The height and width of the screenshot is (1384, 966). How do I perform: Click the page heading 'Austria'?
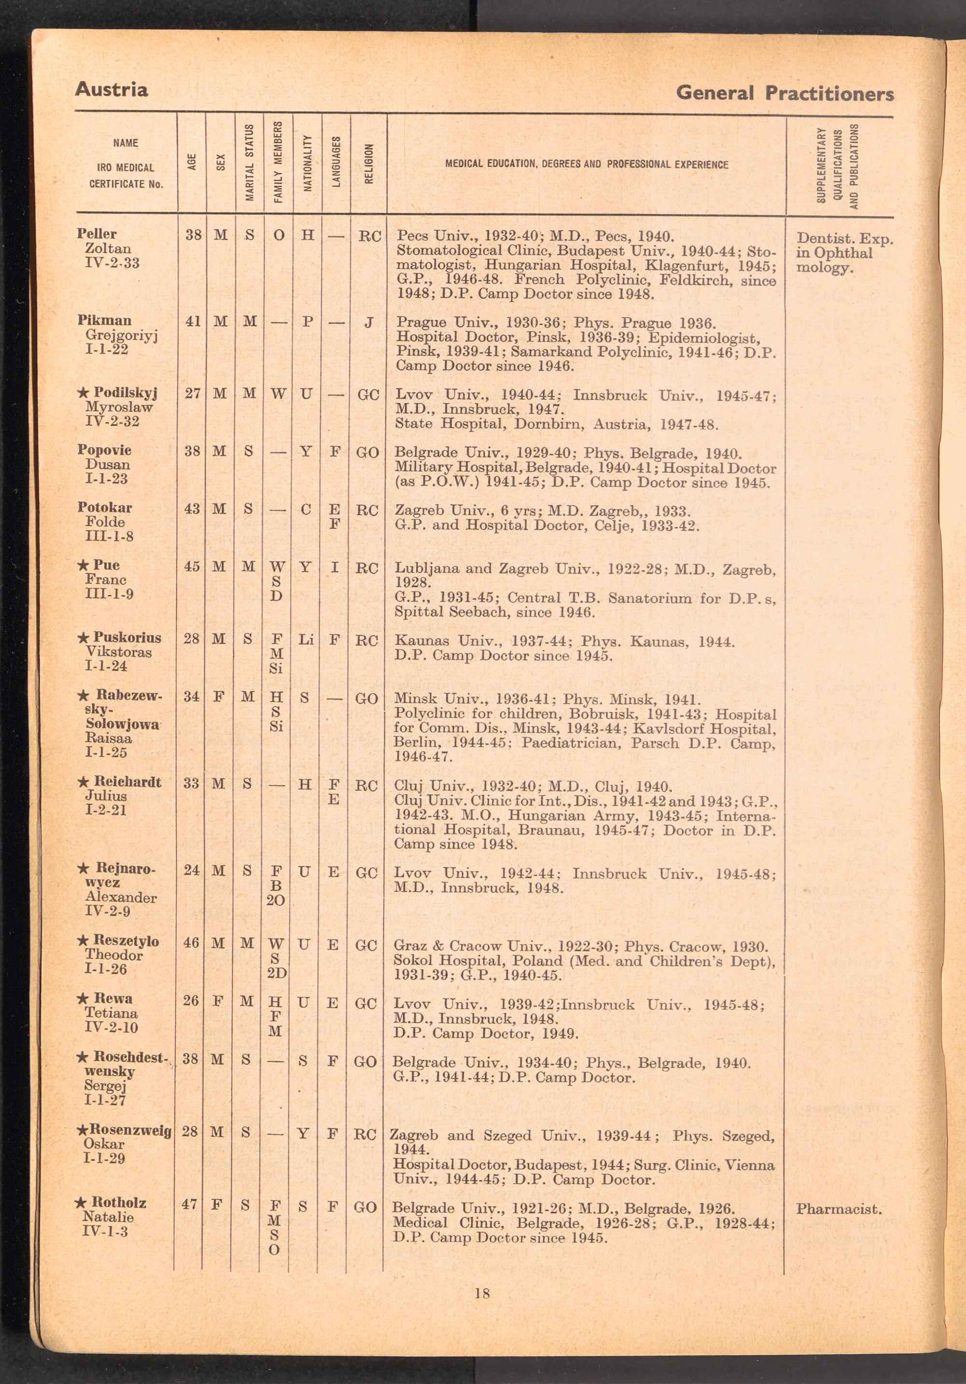(111, 90)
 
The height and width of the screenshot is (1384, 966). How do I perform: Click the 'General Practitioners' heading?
(784, 93)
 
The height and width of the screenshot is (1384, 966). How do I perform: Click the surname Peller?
(97, 234)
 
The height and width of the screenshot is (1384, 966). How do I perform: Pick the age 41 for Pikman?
(193, 322)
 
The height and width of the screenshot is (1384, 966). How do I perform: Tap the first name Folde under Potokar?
(105, 522)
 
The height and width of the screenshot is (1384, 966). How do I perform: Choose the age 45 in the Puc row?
(192, 568)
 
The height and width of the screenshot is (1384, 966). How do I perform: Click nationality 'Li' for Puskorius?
(306, 639)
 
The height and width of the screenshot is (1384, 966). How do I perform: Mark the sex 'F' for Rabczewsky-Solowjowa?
(219, 698)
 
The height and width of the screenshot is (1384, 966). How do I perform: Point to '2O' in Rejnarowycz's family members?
(276, 900)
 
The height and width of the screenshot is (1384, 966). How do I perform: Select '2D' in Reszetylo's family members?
(276, 974)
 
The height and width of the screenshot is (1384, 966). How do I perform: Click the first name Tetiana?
(111, 1013)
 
